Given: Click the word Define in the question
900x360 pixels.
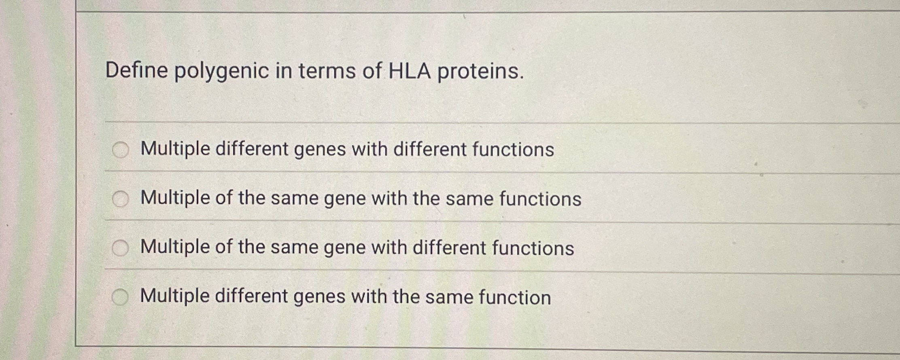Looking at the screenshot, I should point(136,70).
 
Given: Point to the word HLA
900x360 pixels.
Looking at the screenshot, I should point(409,71).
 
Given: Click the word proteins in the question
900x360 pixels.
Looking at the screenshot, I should point(480,72).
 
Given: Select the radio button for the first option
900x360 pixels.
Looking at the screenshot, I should point(120,150).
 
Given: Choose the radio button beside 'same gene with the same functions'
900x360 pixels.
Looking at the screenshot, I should point(120,199).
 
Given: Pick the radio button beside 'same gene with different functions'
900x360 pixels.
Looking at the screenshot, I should point(120,248).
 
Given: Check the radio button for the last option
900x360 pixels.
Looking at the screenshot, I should point(120,298).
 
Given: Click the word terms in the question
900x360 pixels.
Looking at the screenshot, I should point(327,71).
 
